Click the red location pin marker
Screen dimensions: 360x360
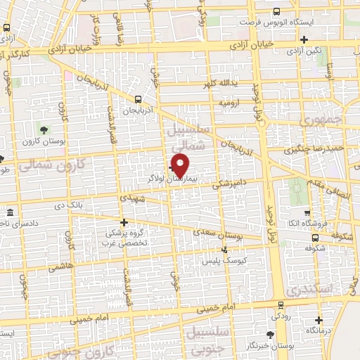[x=181, y=165]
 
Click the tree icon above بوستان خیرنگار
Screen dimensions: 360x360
[x=271, y=335]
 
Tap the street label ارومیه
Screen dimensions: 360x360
[x=229, y=103]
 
